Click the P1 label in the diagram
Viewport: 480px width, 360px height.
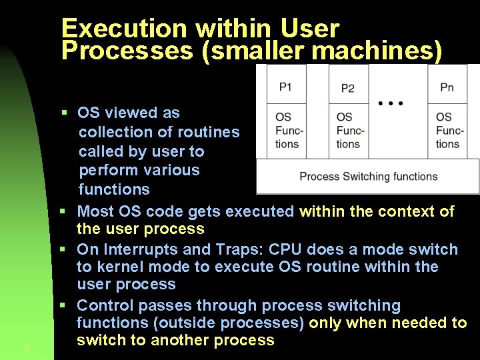click(x=285, y=87)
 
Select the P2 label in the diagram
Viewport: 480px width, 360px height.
click(x=347, y=88)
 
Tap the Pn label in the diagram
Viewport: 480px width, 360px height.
click(x=447, y=87)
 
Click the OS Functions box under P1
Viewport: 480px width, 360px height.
click(x=287, y=131)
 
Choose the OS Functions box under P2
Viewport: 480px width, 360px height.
click(x=349, y=131)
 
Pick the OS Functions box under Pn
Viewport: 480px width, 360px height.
click(x=449, y=131)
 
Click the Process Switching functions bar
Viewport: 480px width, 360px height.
click(x=368, y=177)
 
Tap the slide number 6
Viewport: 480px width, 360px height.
click(x=25, y=348)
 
